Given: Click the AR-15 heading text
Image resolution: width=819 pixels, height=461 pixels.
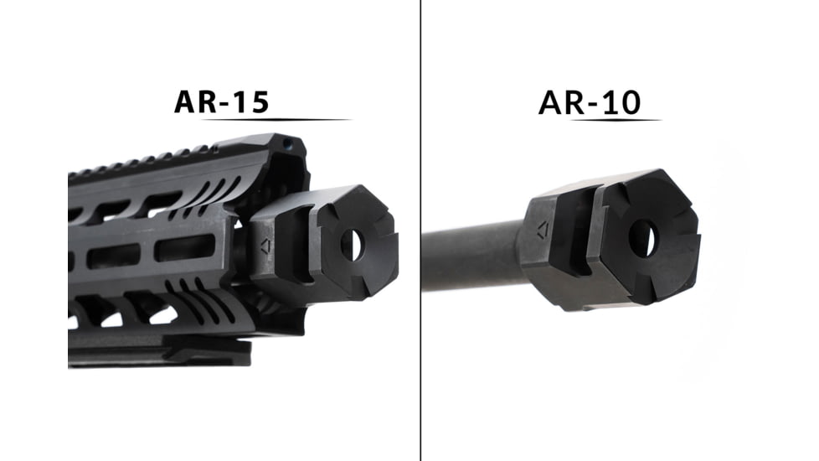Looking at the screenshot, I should pyautogui.click(x=221, y=101).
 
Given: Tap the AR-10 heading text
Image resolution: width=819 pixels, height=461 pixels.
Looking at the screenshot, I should pyautogui.click(x=590, y=101).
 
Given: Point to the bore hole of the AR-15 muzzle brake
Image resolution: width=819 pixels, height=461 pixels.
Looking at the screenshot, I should pyautogui.click(x=351, y=243).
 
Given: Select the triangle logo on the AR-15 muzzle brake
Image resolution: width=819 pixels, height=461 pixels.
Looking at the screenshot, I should pyautogui.click(x=265, y=246).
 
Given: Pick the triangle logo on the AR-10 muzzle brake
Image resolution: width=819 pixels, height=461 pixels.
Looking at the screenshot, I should pyautogui.click(x=540, y=226).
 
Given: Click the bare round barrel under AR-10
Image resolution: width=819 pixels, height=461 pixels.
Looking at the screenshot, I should pyautogui.click(x=469, y=256).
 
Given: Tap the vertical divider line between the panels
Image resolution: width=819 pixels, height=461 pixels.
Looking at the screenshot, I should pyautogui.click(x=420, y=230).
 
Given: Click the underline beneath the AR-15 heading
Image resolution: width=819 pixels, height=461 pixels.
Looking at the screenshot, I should pyautogui.click(x=276, y=120).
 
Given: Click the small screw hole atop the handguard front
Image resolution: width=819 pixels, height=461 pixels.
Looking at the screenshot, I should pyautogui.click(x=289, y=144).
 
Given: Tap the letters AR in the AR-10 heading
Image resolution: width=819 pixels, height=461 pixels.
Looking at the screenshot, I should pyautogui.click(x=560, y=101).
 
